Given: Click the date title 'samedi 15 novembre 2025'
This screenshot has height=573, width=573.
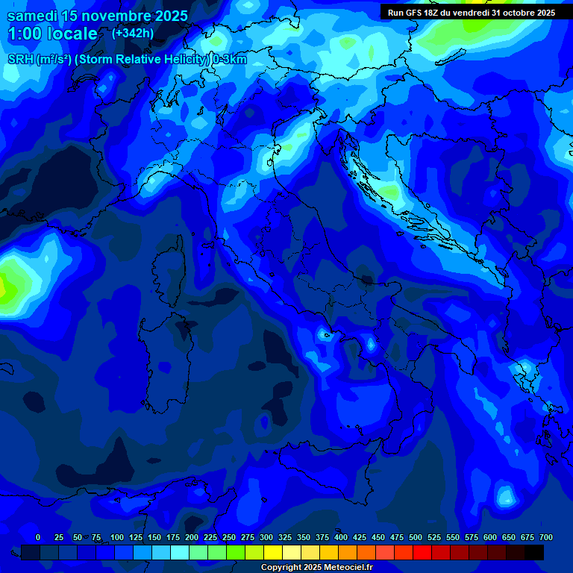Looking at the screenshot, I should (97, 16).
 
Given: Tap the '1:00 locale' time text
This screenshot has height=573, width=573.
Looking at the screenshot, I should (52, 34).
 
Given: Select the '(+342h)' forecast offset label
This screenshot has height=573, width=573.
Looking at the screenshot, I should (132, 33).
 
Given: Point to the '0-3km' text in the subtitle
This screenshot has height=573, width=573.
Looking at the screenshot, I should (229, 60).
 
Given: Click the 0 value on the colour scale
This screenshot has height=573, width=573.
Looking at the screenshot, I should (38, 537).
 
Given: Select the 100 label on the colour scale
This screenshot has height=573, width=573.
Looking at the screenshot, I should (117, 537).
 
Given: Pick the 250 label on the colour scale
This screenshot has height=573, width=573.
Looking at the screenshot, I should (229, 537).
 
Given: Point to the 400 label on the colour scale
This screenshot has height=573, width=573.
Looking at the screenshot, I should (341, 537).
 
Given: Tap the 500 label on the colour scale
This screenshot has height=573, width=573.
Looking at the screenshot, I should (416, 537).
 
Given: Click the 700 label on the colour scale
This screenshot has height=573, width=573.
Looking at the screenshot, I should (546, 537).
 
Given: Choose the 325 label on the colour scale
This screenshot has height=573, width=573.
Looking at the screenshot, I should (285, 537).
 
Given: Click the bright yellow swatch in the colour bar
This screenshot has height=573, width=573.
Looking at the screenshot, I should (273, 552).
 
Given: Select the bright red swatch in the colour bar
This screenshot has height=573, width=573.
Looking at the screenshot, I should (422, 552).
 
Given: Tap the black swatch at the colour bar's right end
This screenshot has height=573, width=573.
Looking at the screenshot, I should (534, 552).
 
